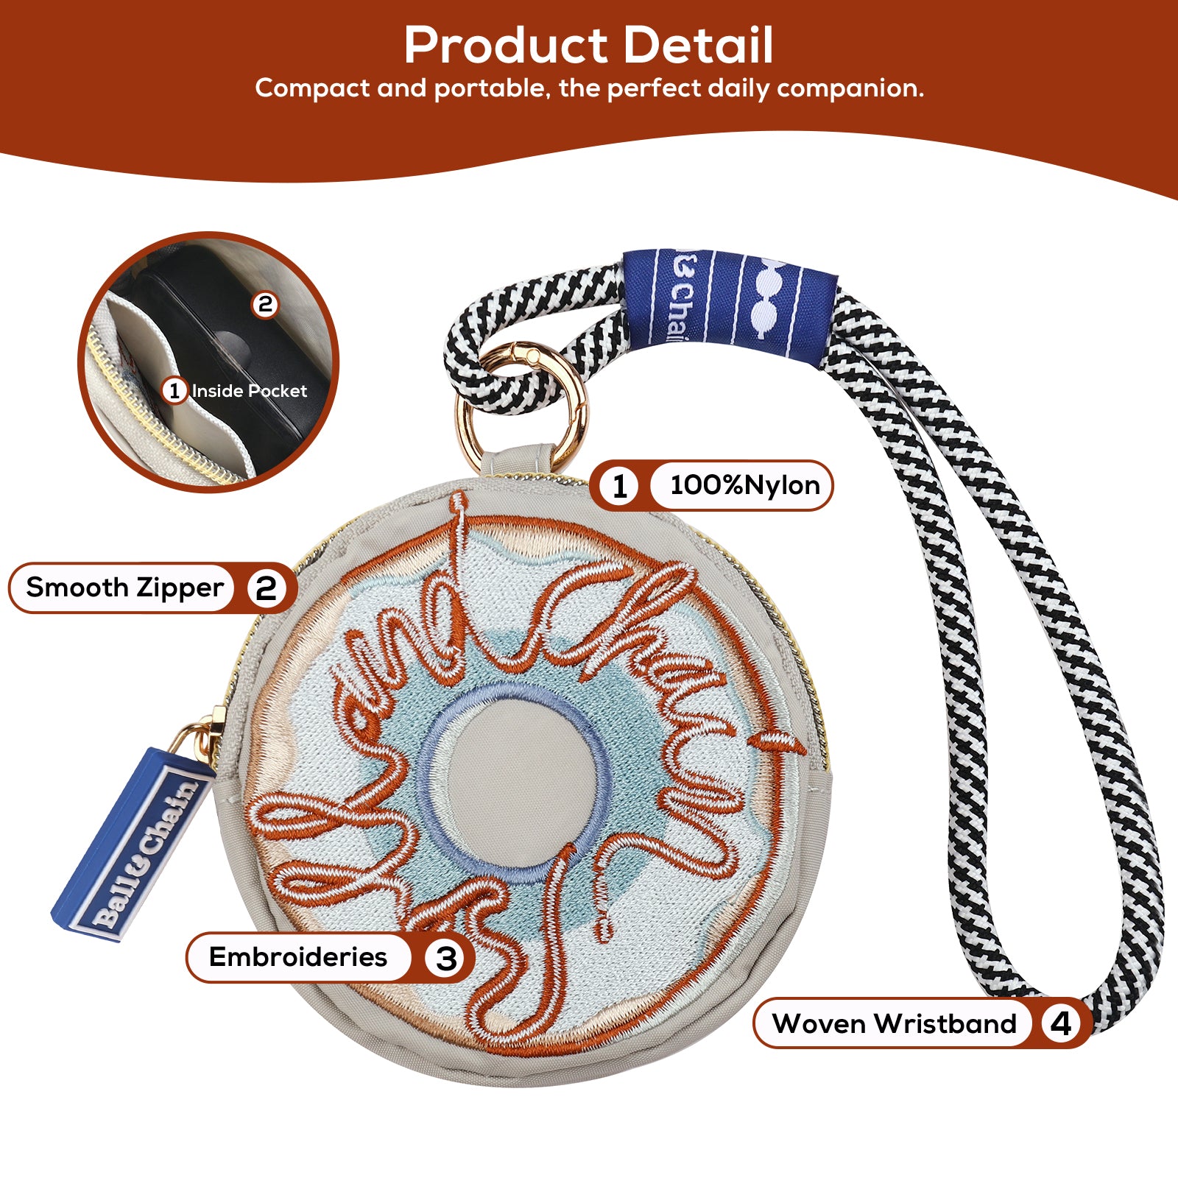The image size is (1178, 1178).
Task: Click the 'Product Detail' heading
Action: pyautogui.click(x=588, y=46)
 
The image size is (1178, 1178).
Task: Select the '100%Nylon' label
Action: pyautogui.click(x=744, y=485)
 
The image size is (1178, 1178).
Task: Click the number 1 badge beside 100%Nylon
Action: pyautogui.click(x=620, y=486)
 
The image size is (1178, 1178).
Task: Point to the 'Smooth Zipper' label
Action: pyautogui.click(x=124, y=588)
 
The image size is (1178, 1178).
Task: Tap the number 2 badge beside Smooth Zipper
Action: pyautogui.click(x=266, y=588)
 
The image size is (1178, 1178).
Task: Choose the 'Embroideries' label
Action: pyautogui.click(x=297, y=957)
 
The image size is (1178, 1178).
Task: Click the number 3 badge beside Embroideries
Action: pyautogui.click(x=446, y=958)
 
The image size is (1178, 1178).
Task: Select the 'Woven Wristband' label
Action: pyautogui.click(x=894, y=1023)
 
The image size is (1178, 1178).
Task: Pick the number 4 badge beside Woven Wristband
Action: pyautogui.click(x=1060, y=1023)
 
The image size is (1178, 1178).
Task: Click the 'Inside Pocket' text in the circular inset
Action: pyautogui.click(x=249, y=391)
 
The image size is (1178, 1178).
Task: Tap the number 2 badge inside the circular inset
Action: pyautogui.click(x=265, y=303)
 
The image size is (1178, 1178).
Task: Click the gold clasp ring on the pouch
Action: pyautogui.click(x=523, y=405)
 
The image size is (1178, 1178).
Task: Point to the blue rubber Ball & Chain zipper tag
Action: pyautogui.click(x=133, y=847)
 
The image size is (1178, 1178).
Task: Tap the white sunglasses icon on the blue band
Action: pyautogui.click(x=770, y=304)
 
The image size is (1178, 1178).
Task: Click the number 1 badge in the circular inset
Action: pyautogui.click(x=174, y=390)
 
